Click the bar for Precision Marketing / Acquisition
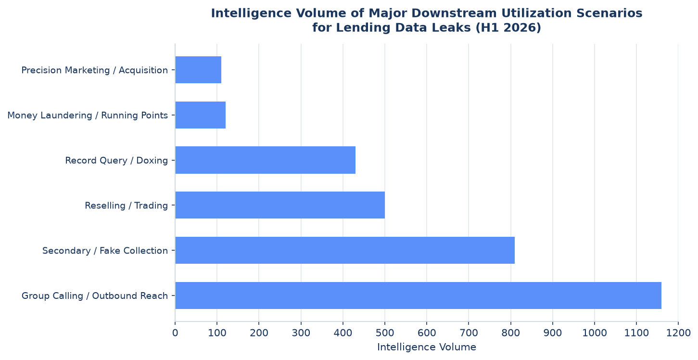(x=198, y=70)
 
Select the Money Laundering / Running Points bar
(x=201, y=115)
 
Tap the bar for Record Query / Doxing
(x=265, y=160)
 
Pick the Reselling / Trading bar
(x=280, y=205)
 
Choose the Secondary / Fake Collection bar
(x=345, y=250)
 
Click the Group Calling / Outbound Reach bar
(x=418, y=296)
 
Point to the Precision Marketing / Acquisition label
(x=95, y=70)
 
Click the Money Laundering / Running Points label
(x=88, y=116)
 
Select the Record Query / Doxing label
(x=116, y=161)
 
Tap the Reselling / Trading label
(x=126, y=206)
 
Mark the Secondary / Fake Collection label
(x=105, y=251)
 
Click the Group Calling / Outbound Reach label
(x=95, y=296)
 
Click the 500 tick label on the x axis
(x=385, y=333)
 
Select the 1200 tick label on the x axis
(x=678, y=333)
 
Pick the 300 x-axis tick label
(x=301, y=333)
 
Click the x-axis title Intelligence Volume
(x=427, y=347)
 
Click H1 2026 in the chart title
(x=508, y=28)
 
